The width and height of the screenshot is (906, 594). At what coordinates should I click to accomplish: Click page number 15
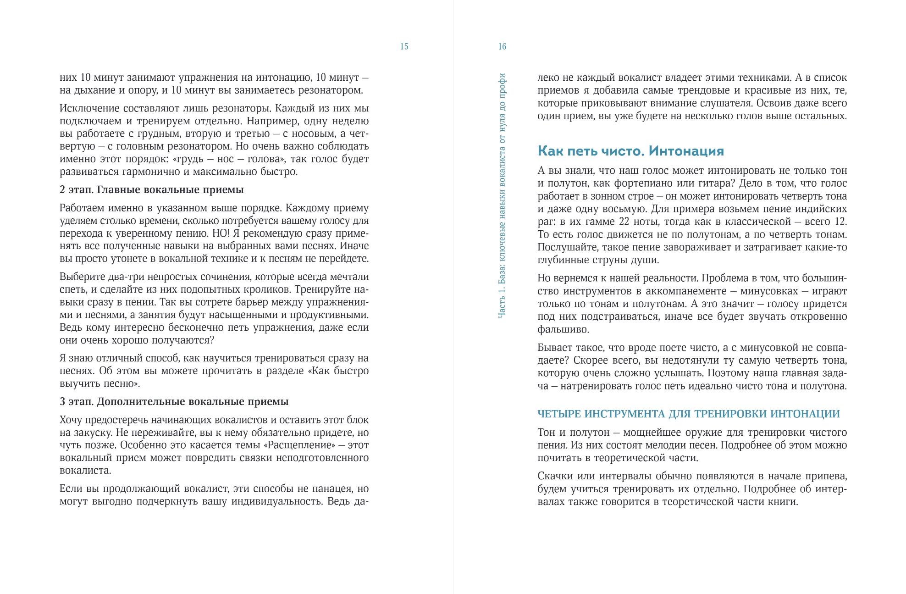[x=404, y=46]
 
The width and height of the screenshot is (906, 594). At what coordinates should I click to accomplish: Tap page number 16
[x=502, y=46]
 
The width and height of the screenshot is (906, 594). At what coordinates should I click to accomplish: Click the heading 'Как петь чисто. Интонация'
[x=631, y=151]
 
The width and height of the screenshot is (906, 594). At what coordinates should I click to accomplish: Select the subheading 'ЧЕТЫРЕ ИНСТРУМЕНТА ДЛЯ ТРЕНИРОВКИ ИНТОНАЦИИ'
[x=688, y=414]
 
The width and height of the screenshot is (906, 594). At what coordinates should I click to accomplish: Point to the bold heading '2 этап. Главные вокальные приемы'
[x=152, y=190]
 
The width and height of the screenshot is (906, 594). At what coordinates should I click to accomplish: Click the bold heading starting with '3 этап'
[x=174, y=402]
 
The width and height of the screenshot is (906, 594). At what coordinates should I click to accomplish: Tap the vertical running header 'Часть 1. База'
[x=502, y=195]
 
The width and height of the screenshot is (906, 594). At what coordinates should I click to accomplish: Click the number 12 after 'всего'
[x=840, y=222]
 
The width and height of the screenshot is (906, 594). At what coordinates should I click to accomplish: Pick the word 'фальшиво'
[x=563, y=329]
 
